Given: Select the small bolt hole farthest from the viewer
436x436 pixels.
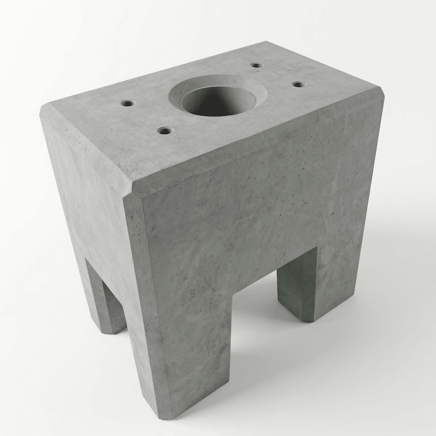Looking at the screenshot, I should point(256,65).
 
